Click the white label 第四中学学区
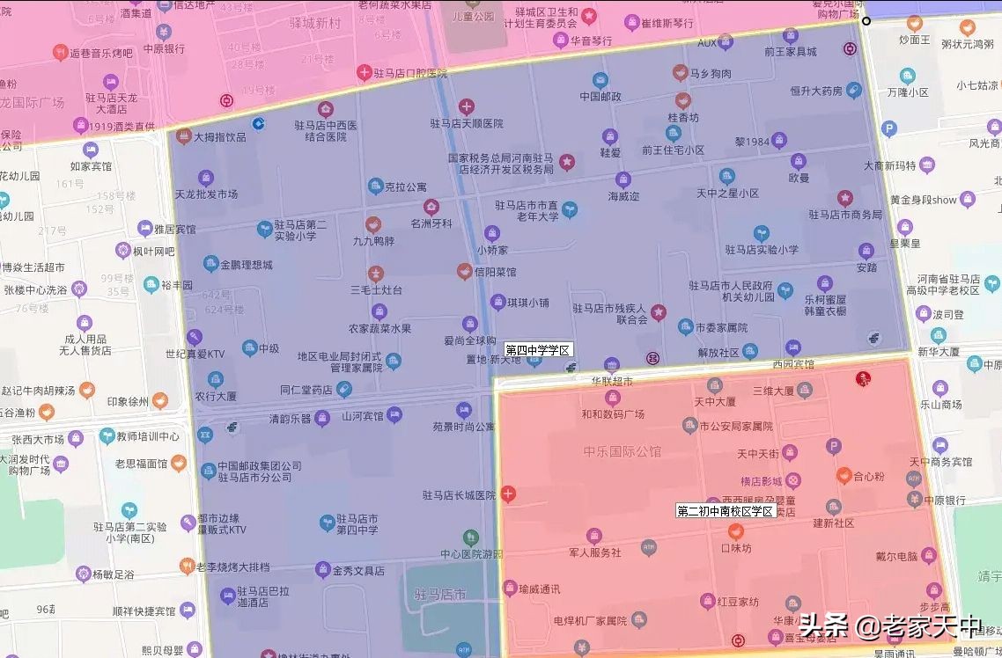coord(538,350)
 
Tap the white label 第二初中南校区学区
coord(725,511)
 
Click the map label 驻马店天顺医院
coord(466,124)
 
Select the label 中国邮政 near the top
coord(600,97)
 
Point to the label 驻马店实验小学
coord(762,250)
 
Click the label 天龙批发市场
coord(207,194)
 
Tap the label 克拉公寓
coord(406,186)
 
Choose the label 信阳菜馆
coord(495,273)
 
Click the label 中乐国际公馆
coord(622,452)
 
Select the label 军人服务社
coord(595,552)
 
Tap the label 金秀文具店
coord(358,571)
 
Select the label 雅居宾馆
coord(174,229)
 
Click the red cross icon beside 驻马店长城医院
coord(508,494)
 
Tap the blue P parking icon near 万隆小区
coord(888,129)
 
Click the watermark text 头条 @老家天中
coord(889,626)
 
